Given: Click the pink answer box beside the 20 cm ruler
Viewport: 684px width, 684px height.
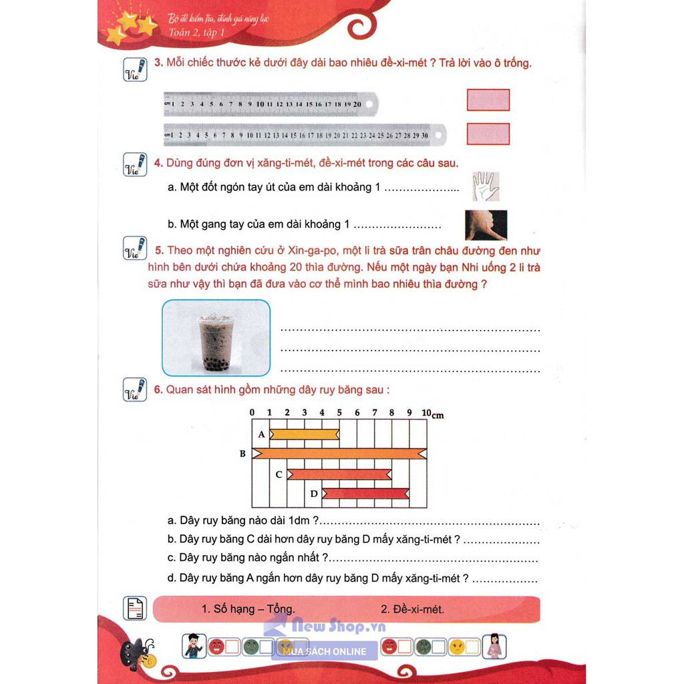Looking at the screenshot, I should coord(488,100).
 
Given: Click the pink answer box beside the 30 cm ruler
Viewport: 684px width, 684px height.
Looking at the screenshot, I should coord(488,134).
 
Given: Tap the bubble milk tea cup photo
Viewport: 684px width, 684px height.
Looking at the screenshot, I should coord(216,337).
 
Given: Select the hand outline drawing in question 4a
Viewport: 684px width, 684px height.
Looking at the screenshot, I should coord(486,186).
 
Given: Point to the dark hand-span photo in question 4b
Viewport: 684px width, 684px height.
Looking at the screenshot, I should coord(486,225).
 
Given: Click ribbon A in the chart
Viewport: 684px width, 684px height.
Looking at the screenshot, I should coord(304,435).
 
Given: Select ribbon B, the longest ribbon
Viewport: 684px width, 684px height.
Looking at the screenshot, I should coord(339,454).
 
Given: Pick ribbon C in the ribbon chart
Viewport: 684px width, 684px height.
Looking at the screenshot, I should coord(339,474).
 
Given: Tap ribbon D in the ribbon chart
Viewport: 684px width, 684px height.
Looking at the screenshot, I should coord(365,494).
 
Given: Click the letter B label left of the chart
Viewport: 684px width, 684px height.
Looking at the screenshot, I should coord(243,454).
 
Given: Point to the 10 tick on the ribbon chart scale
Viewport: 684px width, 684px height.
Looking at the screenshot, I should coord(425,413).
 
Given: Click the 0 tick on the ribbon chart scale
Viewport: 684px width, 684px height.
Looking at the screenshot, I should coord(252,413).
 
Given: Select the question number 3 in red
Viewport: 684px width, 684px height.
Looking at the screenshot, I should coord(158,63).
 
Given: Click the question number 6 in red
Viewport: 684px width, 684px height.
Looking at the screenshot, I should coord(158,390).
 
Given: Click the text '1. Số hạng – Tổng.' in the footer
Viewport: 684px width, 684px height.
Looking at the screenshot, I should coord(248,609).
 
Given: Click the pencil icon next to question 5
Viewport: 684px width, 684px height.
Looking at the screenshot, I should coord(135,248).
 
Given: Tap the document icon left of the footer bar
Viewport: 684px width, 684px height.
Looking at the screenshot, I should coord(135,609).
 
